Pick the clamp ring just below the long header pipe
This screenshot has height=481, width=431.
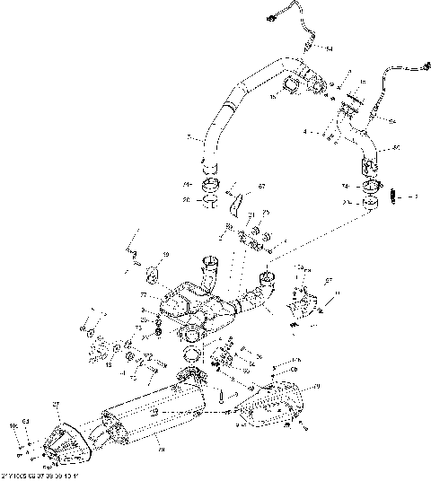(x=212, y=187)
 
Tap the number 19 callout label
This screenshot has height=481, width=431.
(x=164, y=256)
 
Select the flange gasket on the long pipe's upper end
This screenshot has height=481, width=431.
(x=293, y=87)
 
